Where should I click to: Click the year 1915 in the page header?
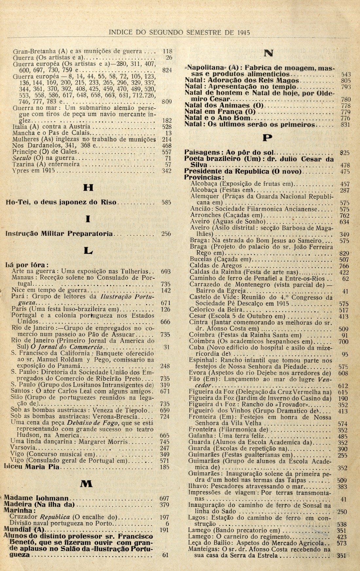pos(243,32)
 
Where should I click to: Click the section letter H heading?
pos(88,188)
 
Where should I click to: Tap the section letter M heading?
pos(87,484)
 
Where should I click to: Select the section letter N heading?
pos(269,53)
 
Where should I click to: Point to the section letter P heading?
pos(268,138)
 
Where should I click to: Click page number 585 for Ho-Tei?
pos(166,202)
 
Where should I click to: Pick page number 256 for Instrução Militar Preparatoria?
pos(166,234)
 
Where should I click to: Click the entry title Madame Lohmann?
pos(37,498)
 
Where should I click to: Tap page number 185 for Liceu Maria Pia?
pos(166,467)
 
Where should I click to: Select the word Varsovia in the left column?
pos(24,448)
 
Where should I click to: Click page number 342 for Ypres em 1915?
pos(167,171)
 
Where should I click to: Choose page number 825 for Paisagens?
pos(345,152)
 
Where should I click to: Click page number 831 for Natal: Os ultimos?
pos(345,125)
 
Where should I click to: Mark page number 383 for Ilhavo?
pos(342,487)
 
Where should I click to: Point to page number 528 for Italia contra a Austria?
pos(167,127)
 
